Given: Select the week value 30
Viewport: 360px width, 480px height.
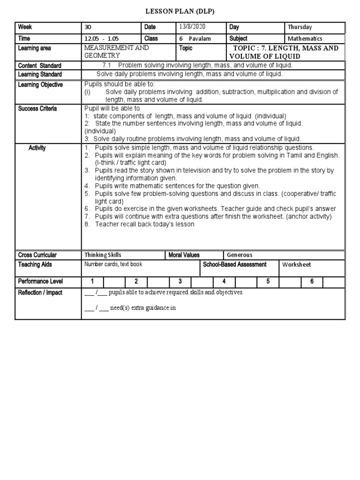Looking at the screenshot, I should (x=88, y=28).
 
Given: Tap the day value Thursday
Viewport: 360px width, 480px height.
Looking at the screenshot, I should (x=300, y=28).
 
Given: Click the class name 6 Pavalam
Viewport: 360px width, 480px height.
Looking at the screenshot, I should (x=194, y=39).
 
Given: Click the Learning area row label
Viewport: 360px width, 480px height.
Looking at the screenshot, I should (x=35, y=48).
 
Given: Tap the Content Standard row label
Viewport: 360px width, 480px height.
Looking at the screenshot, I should (x=39, y=66).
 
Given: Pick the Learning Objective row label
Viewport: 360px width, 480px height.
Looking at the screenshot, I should (x=40, y=85).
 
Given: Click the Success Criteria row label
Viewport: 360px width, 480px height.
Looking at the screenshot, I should (x=37, y=109).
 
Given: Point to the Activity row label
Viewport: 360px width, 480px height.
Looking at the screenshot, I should (x=37, y=148).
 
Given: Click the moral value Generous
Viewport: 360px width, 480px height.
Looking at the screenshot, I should (x=240, y=255).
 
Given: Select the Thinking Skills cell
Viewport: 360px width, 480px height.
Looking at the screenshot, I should (x=103, y=255).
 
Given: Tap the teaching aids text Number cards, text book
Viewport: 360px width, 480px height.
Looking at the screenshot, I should (x=113, y=264).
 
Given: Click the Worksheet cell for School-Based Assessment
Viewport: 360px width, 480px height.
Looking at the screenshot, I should (x=296, y=265).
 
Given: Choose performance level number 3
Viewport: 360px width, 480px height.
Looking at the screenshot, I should (x=180, y=282).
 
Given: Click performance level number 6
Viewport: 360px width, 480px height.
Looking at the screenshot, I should (x=312, y=282).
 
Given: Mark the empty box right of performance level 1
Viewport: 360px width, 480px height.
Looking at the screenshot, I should (x=114, y=282).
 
